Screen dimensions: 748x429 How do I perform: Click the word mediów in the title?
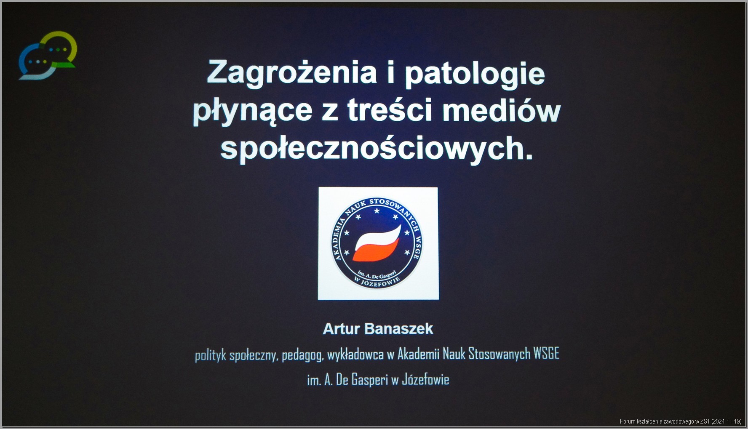pyautogui.click(x=502, y=109)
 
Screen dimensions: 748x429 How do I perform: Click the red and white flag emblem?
pyautogui.click(x=377, y=243)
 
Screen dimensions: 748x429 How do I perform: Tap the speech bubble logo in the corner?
pyautogui.click(x=48, y=55)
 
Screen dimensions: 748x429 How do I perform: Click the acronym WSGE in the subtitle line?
pyautogui.click(x=546, y=354)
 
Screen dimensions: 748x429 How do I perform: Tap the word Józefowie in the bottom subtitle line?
pyautogui.click(x=425, y=380)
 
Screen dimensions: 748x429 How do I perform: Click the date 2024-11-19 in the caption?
pyautogui.click(x=727, y=421)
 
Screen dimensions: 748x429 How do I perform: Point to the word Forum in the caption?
pyautogui.click(x=627, y=421)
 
